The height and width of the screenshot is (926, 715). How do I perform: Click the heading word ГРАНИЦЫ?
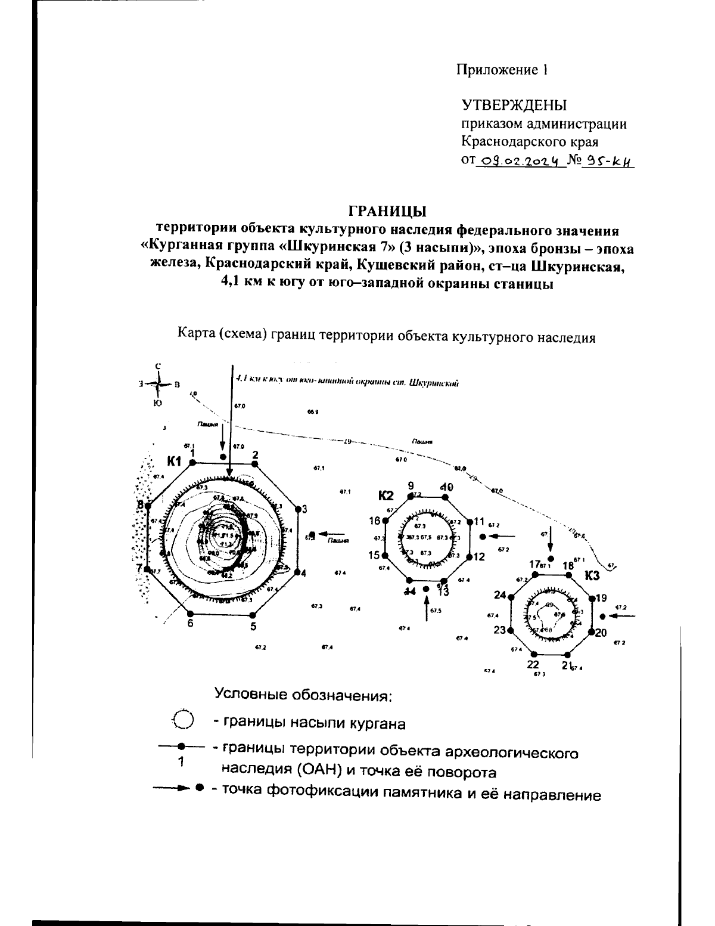point(388,211)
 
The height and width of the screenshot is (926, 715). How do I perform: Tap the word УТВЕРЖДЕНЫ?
point(514,106)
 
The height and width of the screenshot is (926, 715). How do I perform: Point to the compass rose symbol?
point(158,385)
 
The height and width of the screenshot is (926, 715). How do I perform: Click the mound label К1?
point(173,460)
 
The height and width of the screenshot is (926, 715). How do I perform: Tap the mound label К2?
point(386,495)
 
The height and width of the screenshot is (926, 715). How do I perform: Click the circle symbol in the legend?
point(183,719)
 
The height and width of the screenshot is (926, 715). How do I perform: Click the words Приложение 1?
point(502,70)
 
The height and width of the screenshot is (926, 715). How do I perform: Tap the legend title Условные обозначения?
point(303,695)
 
